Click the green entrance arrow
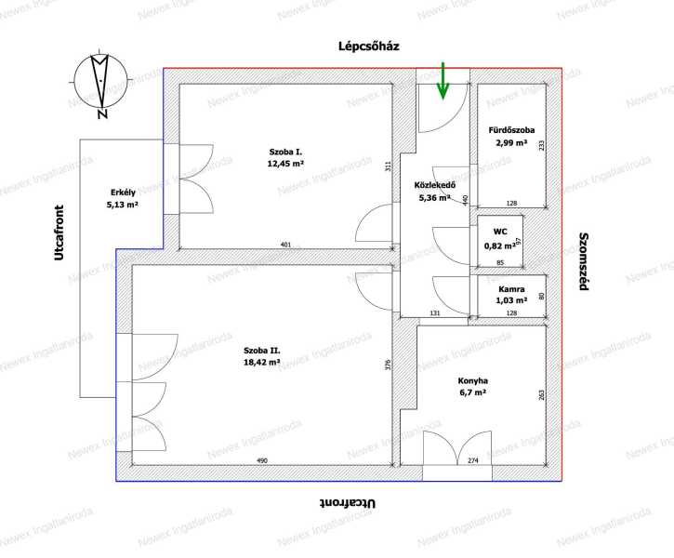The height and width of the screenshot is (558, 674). coord(443,81)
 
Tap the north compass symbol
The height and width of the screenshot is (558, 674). coord(100,84)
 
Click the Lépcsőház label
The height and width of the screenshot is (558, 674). coord(369,46)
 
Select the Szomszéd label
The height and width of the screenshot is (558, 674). coord(583,261)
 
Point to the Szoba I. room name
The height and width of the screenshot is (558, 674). coord(285,152)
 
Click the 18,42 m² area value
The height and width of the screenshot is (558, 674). coord(262,362)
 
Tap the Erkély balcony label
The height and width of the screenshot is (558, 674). coord(123,193)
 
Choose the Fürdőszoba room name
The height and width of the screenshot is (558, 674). coord(511,130)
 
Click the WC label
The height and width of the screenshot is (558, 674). coord(500,232)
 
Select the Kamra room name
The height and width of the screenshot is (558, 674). coord(511,289)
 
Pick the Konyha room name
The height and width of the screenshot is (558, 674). coord(473,381)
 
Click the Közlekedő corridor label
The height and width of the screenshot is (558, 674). coord(434,185)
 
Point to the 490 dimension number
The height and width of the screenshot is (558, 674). coord(262,460)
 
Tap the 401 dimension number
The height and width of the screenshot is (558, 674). coord(285,245)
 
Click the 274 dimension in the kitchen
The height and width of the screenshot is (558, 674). coord(473,460)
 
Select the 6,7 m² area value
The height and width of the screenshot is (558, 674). coord(473,392)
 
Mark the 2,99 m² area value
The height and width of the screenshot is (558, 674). coord(511,142)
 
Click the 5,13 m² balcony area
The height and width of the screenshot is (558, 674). coord(123,205)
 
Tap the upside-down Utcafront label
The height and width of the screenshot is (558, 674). coord(348,503)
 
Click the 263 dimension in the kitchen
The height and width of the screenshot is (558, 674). coord(541,394)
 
